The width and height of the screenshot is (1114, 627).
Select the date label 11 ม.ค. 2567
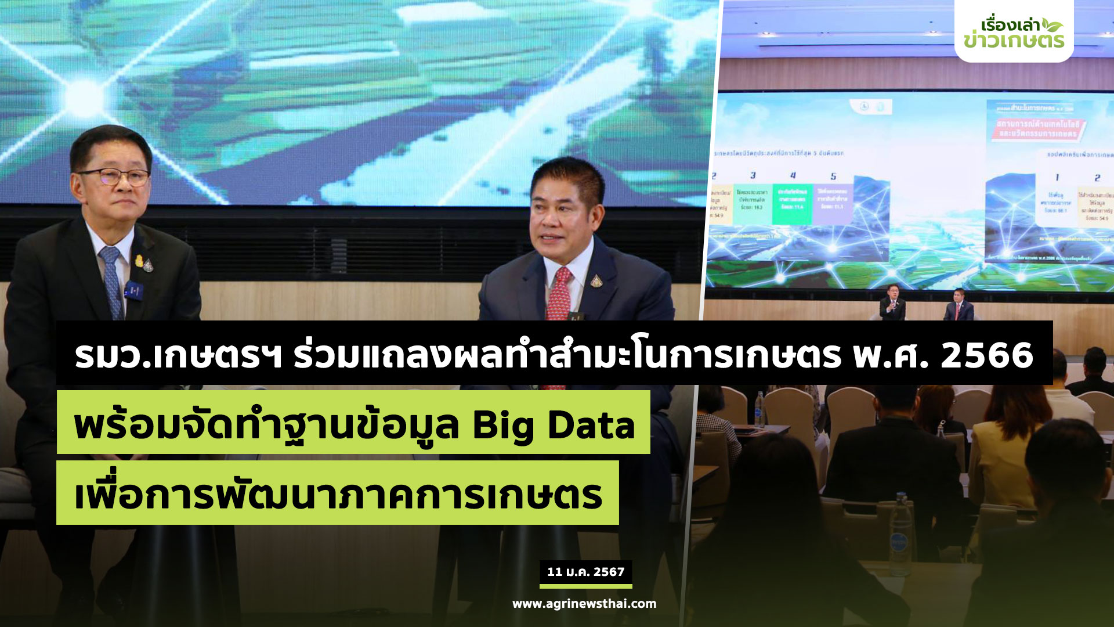tap(585, 572)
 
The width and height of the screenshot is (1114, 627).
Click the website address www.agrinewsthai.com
tap(584, 604)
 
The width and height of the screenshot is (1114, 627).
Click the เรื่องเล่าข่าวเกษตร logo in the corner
tap(1014, 33)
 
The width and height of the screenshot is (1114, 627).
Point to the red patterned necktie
tap(559, 296)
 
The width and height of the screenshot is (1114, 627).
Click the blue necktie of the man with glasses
tap(111, 279)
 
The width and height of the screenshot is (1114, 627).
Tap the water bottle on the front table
tap(900, 534)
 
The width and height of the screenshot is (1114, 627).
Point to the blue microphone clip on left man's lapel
tap(133, 289)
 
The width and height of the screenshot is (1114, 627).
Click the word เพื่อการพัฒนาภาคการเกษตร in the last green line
tap(338, 495)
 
